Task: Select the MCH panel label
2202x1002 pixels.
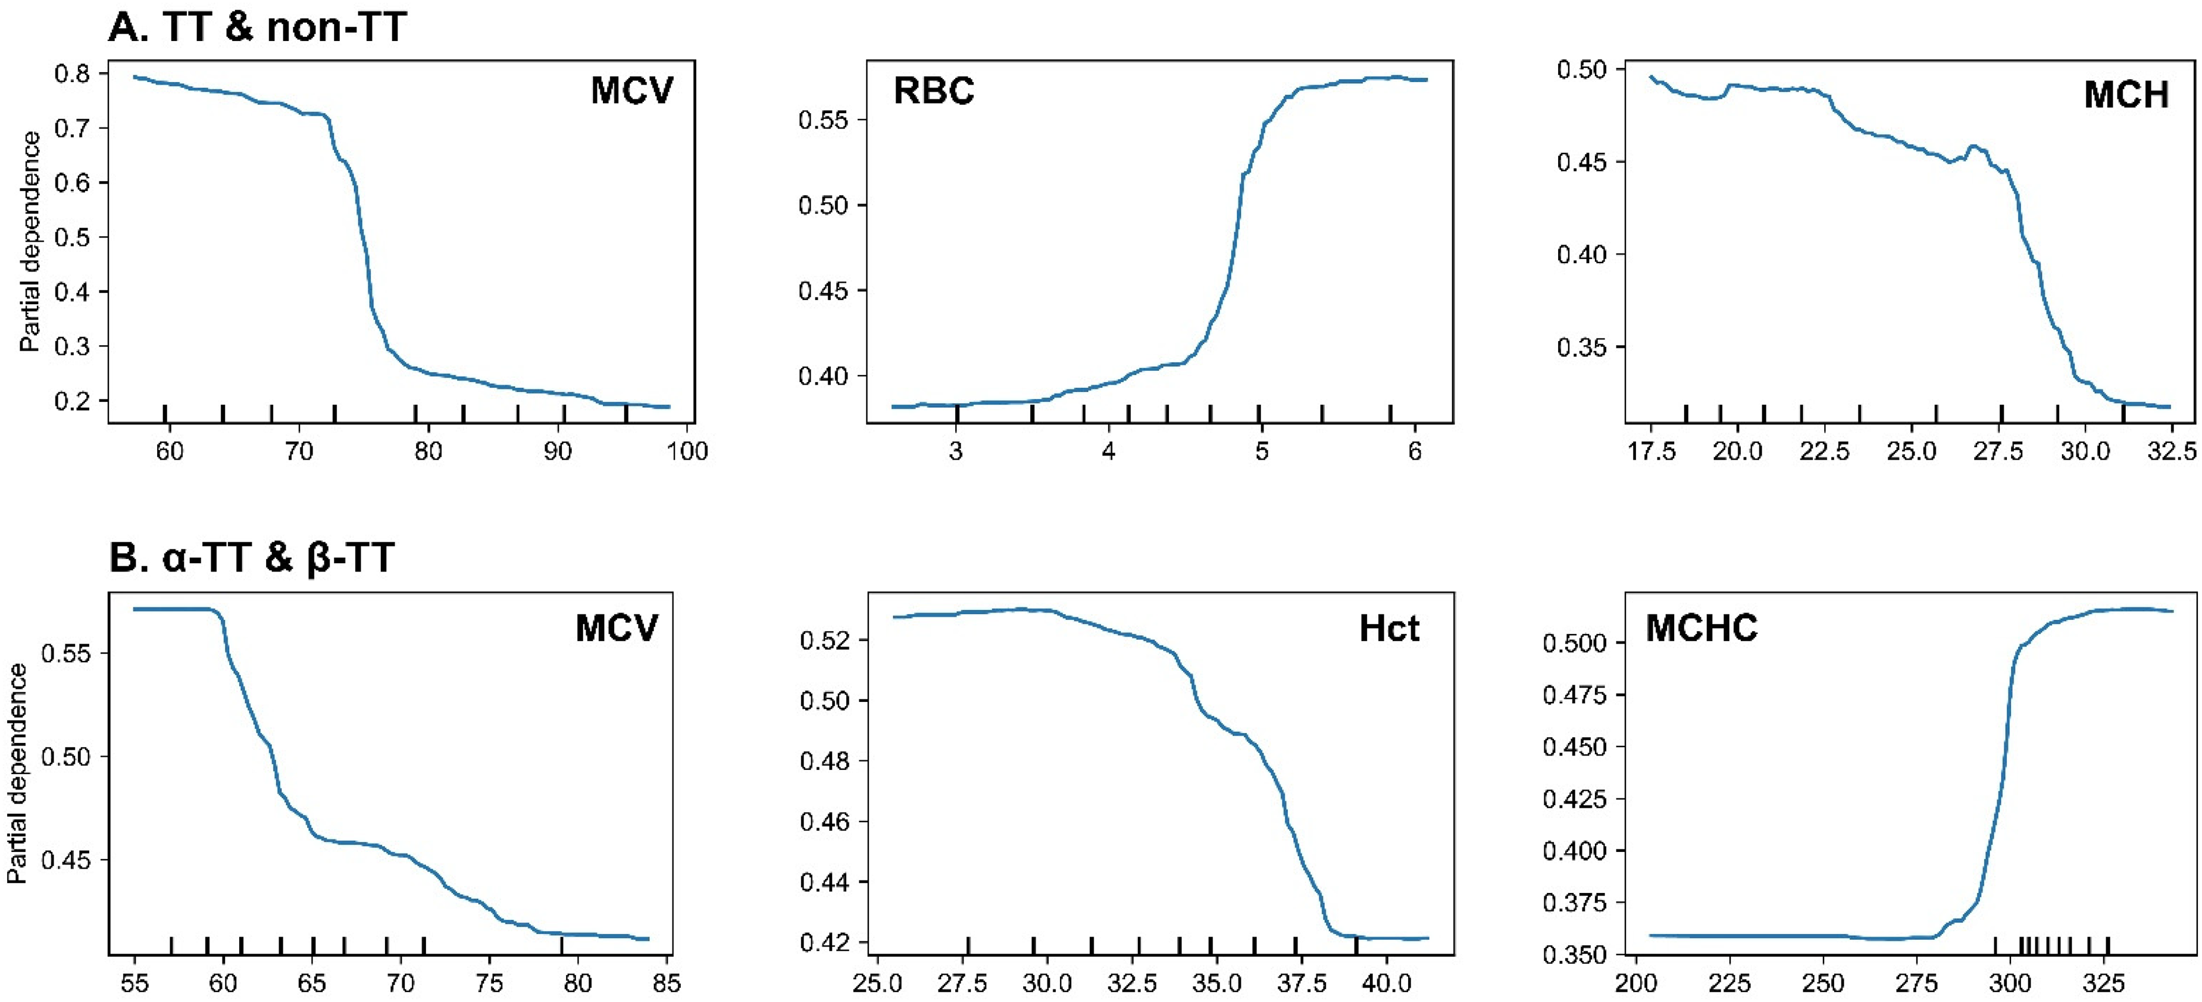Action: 2126,94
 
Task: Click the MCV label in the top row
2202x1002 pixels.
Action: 631,90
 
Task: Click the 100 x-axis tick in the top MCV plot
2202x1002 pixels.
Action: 686,451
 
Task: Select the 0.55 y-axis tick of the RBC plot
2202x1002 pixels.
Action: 823,120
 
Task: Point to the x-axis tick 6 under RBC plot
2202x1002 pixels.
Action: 1415,451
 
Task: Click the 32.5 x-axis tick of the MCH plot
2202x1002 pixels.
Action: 2172,451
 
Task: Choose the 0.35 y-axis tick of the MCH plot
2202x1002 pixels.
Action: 1582,348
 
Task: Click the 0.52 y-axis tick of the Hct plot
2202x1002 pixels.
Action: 823,641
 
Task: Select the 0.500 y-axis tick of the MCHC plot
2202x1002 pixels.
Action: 1575,643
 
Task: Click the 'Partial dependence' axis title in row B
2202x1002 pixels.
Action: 17,774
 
